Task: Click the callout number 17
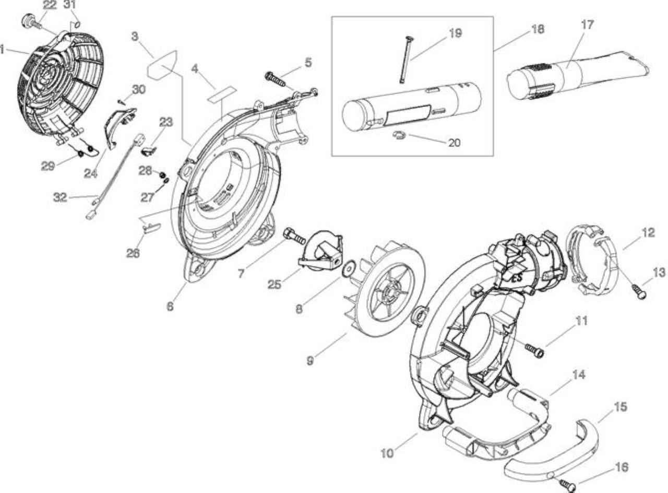(587, 25)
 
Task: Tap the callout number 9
(310, 361)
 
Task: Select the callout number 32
(60, 197)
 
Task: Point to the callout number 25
(275, 285)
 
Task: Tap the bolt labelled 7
(295, 236)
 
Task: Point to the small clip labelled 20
(399, 136)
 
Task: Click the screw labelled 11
(535, 350)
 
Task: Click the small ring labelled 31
(77, 24)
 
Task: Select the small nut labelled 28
(162, 175)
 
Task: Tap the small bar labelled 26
(152, 227)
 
